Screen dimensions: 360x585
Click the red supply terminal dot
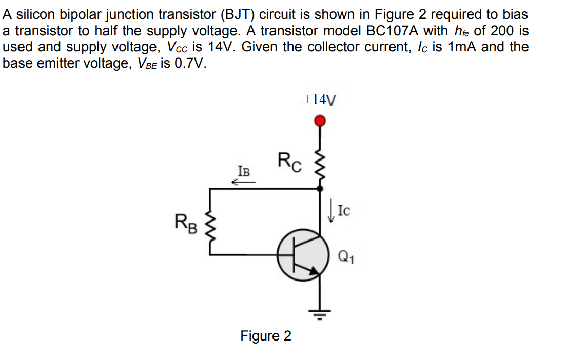(320, 121)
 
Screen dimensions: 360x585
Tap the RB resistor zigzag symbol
(210, 224)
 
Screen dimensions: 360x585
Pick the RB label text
(185, 223)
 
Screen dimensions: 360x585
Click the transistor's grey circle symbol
(302, 255)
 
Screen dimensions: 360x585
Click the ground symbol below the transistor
(320, 312)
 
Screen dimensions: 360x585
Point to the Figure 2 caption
(266, 336)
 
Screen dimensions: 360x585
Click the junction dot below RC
(320, 189)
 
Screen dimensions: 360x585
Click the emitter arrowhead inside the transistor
(313, 272)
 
